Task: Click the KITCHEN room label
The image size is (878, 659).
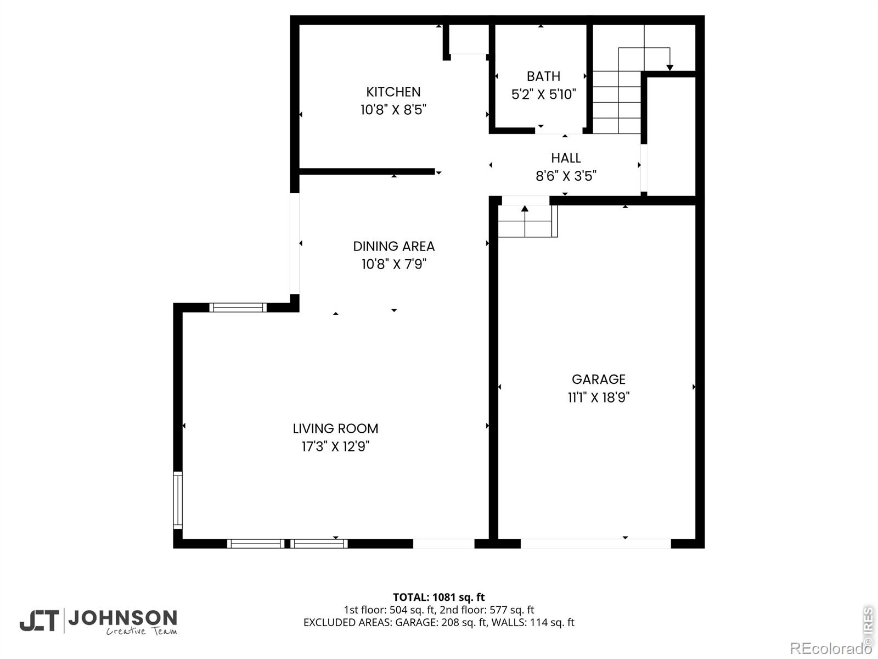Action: point(393,92)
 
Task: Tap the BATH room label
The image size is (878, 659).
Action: point(543,76)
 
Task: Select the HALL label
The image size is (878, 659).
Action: point(566,158)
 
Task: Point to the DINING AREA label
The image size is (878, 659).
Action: point(393,246)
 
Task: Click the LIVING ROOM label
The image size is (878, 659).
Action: point(335,428)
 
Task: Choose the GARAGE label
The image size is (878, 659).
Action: point(598,379)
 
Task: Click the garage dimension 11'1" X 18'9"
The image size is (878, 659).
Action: point(598,397)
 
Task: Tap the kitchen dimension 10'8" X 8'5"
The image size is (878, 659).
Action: point(393,110)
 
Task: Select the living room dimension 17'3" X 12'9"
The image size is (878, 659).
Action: point(335,446)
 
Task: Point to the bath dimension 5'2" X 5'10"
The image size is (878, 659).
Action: point(544,94)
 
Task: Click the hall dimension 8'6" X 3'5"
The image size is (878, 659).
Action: point(566,176)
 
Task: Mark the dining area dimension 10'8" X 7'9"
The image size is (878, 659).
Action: point(394,264)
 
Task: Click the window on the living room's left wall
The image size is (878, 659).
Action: point(178,500)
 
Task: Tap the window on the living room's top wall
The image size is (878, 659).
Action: point(238,308)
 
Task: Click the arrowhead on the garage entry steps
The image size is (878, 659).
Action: point(525,209)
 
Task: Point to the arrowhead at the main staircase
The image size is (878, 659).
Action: point(669,68)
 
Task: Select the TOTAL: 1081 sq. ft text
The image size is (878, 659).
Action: point(439,597)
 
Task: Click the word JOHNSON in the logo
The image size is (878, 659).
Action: point(123,618)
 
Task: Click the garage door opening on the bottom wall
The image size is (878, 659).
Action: point(595,543)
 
